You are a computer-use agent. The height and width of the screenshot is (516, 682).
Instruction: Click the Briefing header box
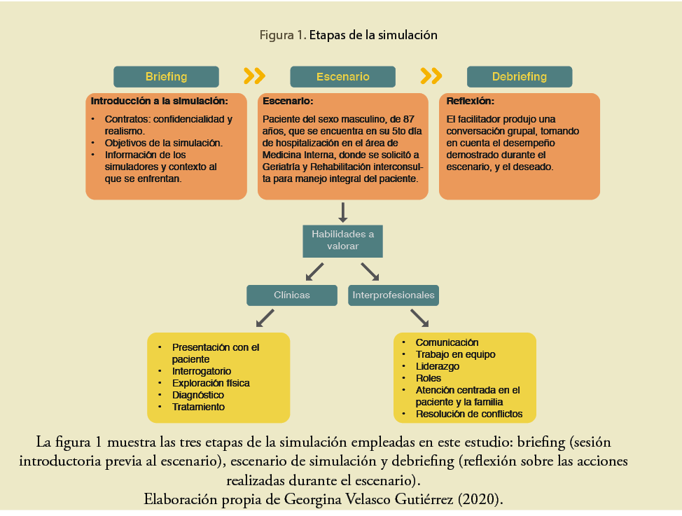click(166, 76)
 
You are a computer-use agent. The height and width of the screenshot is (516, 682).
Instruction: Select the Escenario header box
click(342, 76)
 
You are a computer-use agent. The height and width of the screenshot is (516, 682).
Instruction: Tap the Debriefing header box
click(519, 76)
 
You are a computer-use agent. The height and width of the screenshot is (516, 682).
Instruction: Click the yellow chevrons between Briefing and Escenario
click(254, 76)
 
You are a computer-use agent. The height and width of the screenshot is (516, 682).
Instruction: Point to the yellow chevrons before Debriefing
click(431, 76)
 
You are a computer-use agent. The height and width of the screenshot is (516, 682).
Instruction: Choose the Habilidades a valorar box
click(342, 240)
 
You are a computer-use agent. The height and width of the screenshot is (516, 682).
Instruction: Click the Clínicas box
click(291, 295)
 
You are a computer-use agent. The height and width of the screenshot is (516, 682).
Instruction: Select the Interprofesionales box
click(393, 295)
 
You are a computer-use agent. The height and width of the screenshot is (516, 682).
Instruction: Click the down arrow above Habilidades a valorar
click(343, 211)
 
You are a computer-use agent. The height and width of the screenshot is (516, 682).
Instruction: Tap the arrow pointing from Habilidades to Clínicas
click(314, 272)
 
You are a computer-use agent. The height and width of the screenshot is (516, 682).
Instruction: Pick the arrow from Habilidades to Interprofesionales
click(370, 272)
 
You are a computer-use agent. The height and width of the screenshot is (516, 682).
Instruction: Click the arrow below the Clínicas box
click(265, 319)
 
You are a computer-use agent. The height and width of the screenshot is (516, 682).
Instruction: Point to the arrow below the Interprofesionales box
click(419, 319)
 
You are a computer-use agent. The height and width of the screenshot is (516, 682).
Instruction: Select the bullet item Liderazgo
click(437, 366)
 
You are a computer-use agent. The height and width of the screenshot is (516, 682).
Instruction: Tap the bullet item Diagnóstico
click(198, 395)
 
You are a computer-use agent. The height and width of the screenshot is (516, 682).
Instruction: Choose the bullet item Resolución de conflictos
click(468, 414)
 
